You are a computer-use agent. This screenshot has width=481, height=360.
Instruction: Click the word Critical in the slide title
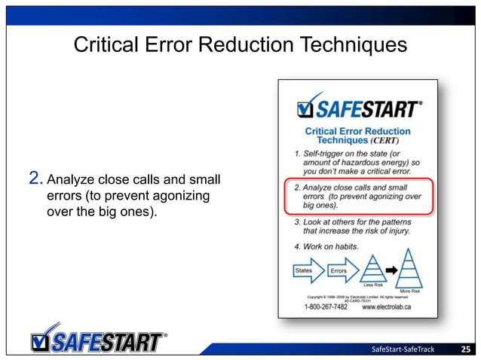(104, 45)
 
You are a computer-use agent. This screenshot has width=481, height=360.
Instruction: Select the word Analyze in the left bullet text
(70, 180)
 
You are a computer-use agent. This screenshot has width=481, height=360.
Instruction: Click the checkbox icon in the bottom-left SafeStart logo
(44, 340)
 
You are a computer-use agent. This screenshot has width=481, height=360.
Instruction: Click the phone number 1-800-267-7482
(326, 307)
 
